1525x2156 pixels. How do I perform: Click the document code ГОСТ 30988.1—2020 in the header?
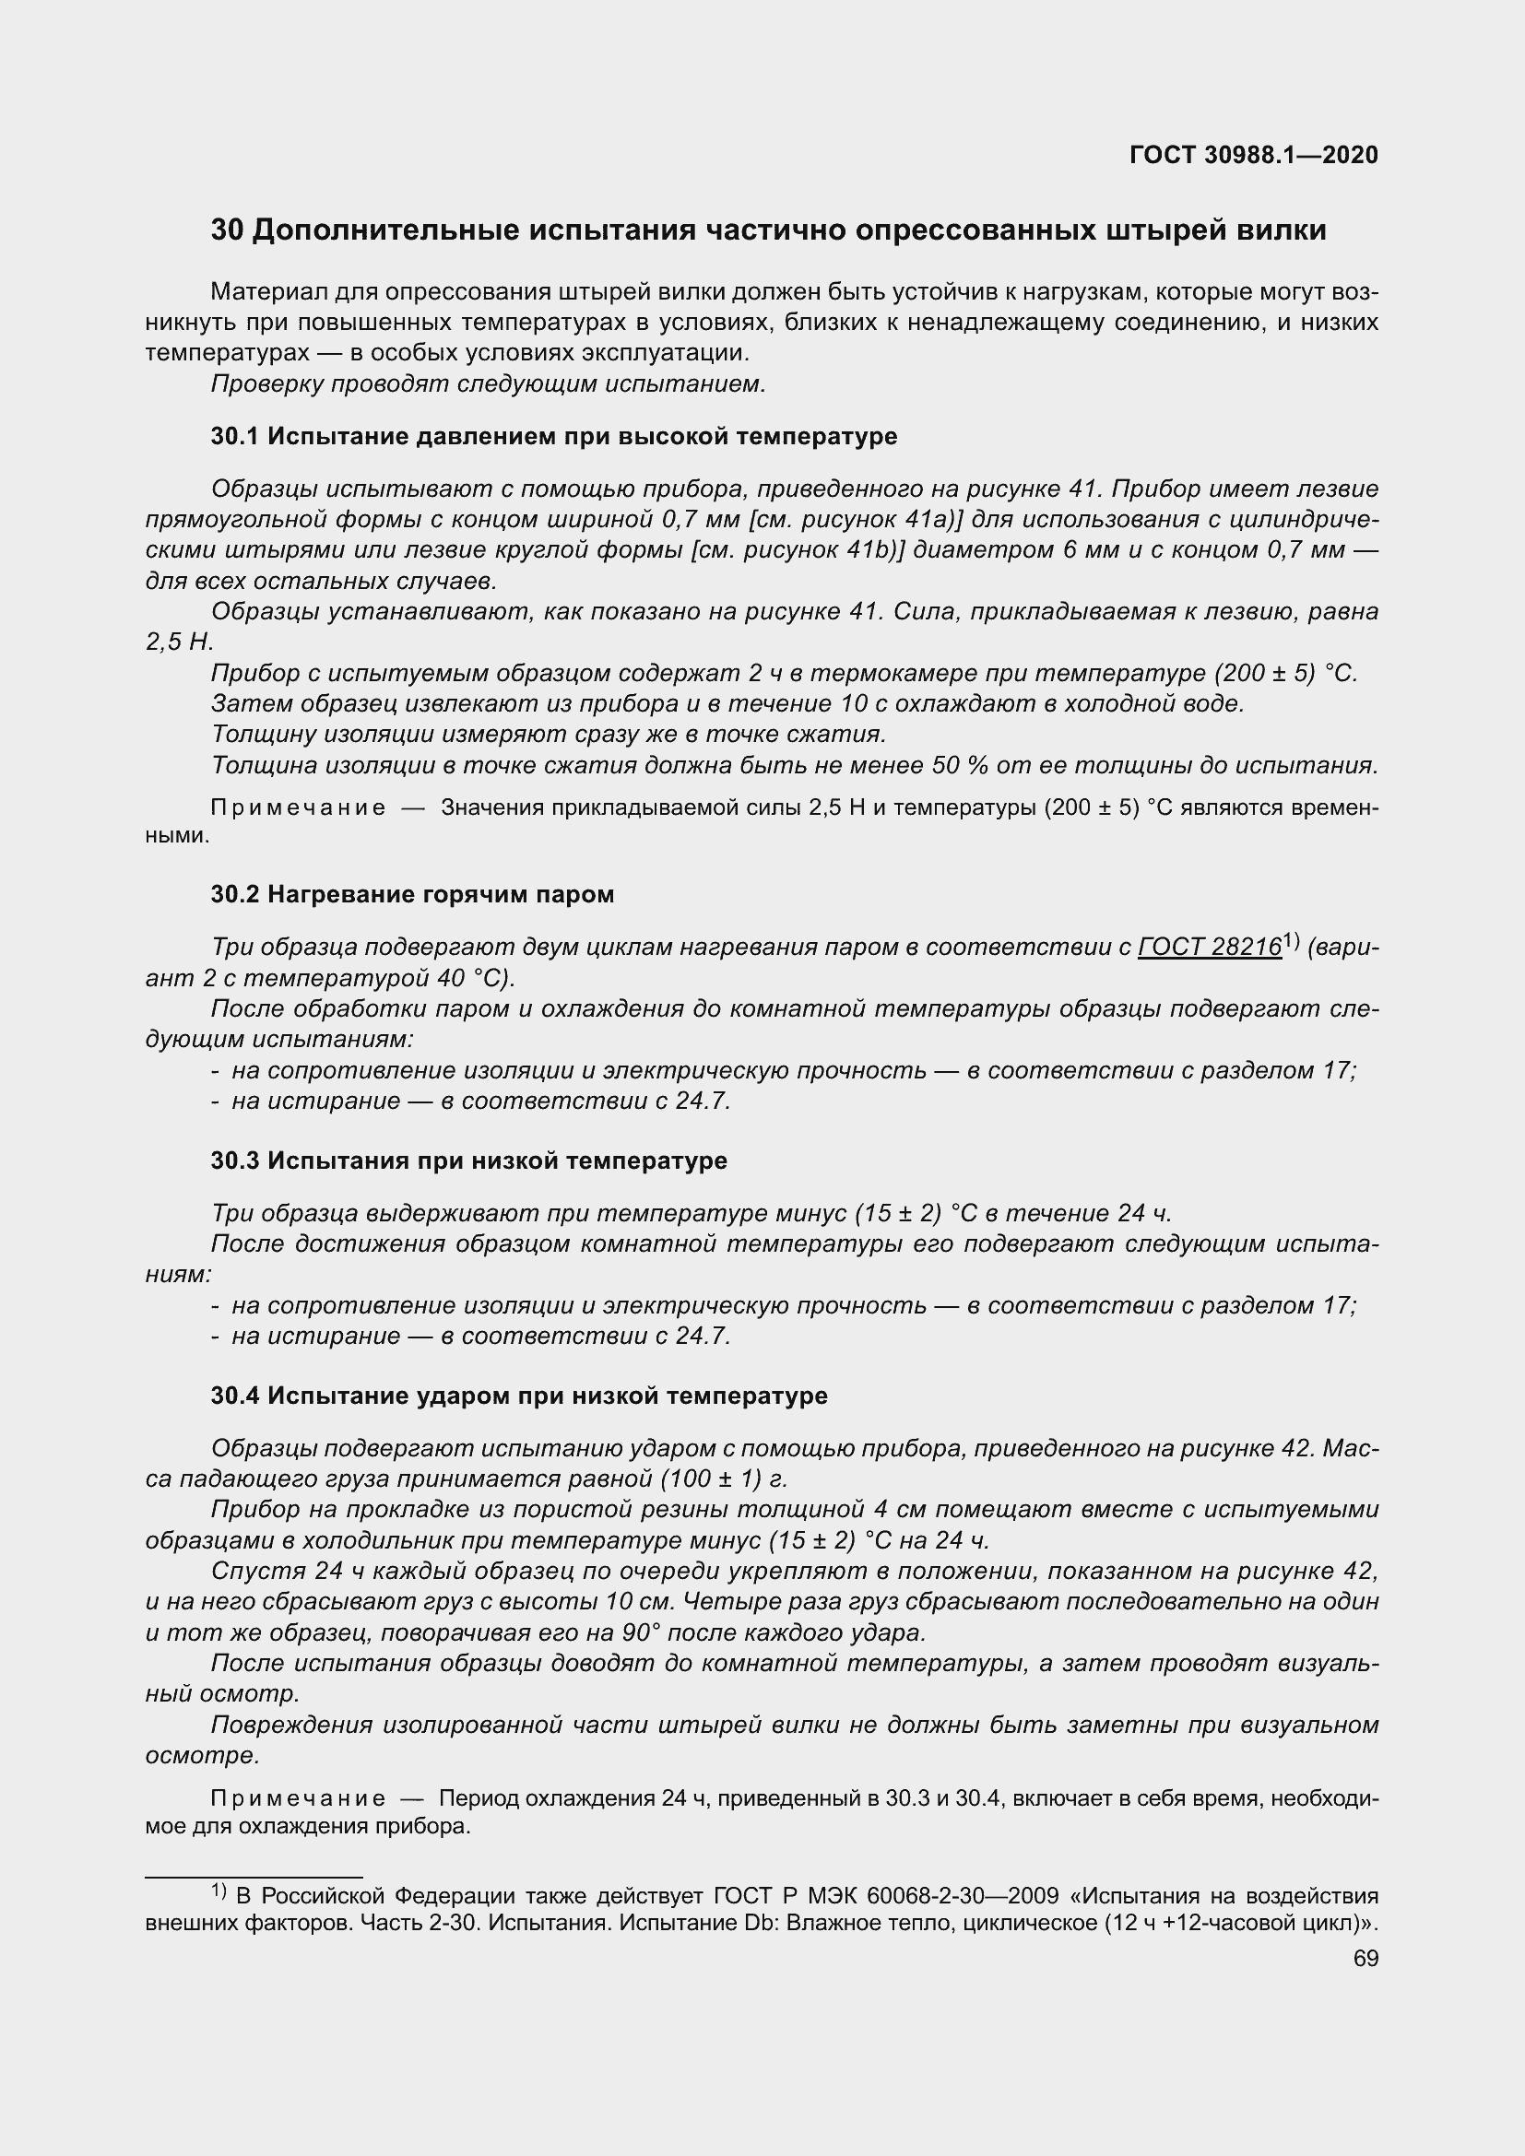1254,155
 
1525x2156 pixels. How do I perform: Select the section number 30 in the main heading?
227,230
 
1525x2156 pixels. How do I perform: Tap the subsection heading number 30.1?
235,436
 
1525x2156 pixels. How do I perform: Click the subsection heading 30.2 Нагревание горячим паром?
412,894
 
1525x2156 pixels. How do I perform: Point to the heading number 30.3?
235,1160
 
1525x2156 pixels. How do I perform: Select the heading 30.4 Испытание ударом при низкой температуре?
519,1396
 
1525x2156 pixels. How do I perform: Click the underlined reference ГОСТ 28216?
1210,948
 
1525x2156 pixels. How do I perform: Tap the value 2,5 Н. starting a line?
180,642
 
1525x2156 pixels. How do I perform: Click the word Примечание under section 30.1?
298,807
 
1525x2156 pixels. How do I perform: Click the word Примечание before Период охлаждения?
298,1798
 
